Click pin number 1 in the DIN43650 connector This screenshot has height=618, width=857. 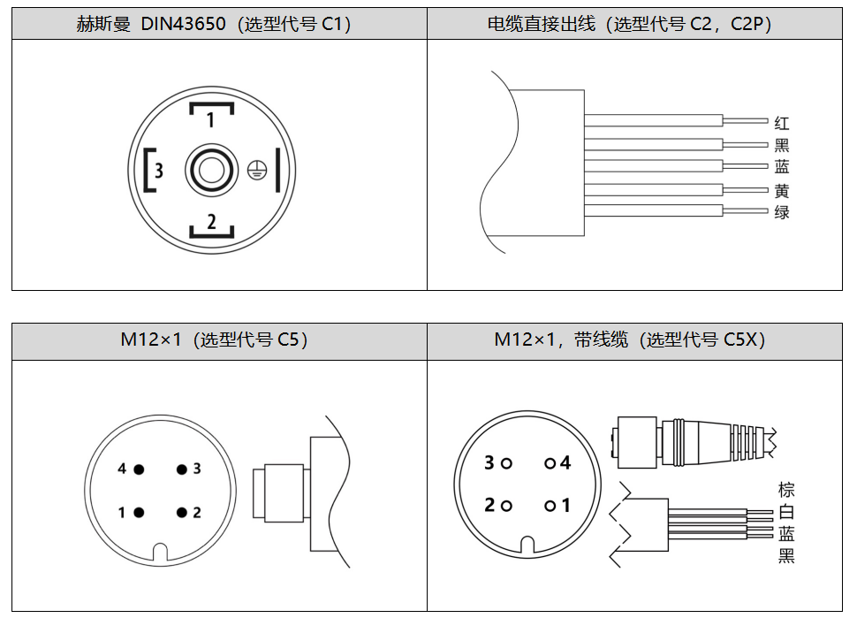click(210, 119)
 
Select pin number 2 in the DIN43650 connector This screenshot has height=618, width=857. click(211, 222)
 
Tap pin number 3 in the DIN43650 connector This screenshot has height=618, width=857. click(158, 171)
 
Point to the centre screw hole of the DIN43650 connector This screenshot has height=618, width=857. click(211, 169)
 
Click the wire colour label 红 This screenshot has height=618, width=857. click(781, 123)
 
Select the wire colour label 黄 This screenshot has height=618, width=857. click(781, 190)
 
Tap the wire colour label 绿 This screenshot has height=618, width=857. click(781, 212)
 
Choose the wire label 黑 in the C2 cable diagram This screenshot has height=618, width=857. click(781, 145)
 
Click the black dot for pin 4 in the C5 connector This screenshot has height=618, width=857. click(140, 469)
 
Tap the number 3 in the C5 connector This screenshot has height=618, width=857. click(197, 469)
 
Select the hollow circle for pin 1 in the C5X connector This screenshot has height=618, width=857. click(550, 506)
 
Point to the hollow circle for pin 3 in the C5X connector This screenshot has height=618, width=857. click(506, 462)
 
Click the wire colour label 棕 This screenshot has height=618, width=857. click(785, 489)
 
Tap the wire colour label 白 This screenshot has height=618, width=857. click(785, 511)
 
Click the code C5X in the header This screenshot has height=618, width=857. click(744, 340)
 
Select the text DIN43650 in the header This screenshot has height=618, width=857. click(183, 24)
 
